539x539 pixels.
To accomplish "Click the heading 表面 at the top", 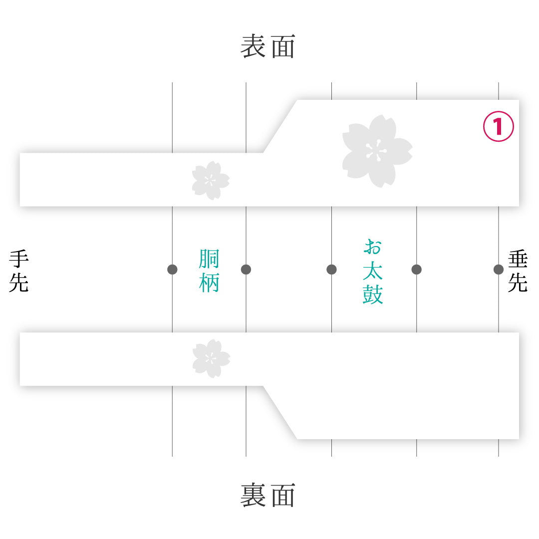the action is pyautogui.click(x=268, y=46).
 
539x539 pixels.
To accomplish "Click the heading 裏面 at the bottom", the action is pyautogui.click(x=268, y=495).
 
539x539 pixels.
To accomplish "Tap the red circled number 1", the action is pyautogui.click(x=499, y=126).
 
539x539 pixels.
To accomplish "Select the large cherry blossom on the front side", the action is pyautogui.click(x=377, y=151).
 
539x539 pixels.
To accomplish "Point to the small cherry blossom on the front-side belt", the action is pyautogui.click(x=211, y=181).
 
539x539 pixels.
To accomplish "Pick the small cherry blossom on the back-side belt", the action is pyautogui.click(x=211, y=358).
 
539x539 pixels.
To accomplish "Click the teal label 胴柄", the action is pyautogui.click(x=209, y=270).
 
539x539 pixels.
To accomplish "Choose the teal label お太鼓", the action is pyautogui.click(x=373, y=271).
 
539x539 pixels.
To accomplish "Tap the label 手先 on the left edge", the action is pyautogui.click(x=18, y=271).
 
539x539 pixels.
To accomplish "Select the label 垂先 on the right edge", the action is pyautogui.click(x=518, y=271).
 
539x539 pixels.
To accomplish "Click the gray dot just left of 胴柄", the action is pyautogui.click(x=172, y=269).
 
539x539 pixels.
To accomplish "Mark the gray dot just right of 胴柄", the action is pyautogui.click(x=246, y=269).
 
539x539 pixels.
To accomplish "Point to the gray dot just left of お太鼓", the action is pyautogui.click(x=331, y=269).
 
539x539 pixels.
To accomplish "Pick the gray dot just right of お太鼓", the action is pyautogui.click(x=416, y=269).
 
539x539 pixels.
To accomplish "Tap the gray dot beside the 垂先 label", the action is pyautogui.click(x=499, y=269).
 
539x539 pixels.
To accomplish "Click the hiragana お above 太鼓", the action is pyautogui.click(x=373, y=247).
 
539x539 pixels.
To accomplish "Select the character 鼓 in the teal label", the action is pyautogui.click(x=373, y=294).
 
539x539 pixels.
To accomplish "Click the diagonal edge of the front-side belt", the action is pyautogui.click(x=280, y=126).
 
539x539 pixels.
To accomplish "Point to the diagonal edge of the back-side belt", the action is pyautogui.click(x=280, y=413).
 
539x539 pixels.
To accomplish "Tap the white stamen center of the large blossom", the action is pyautogui.click(x=376, y=151).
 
